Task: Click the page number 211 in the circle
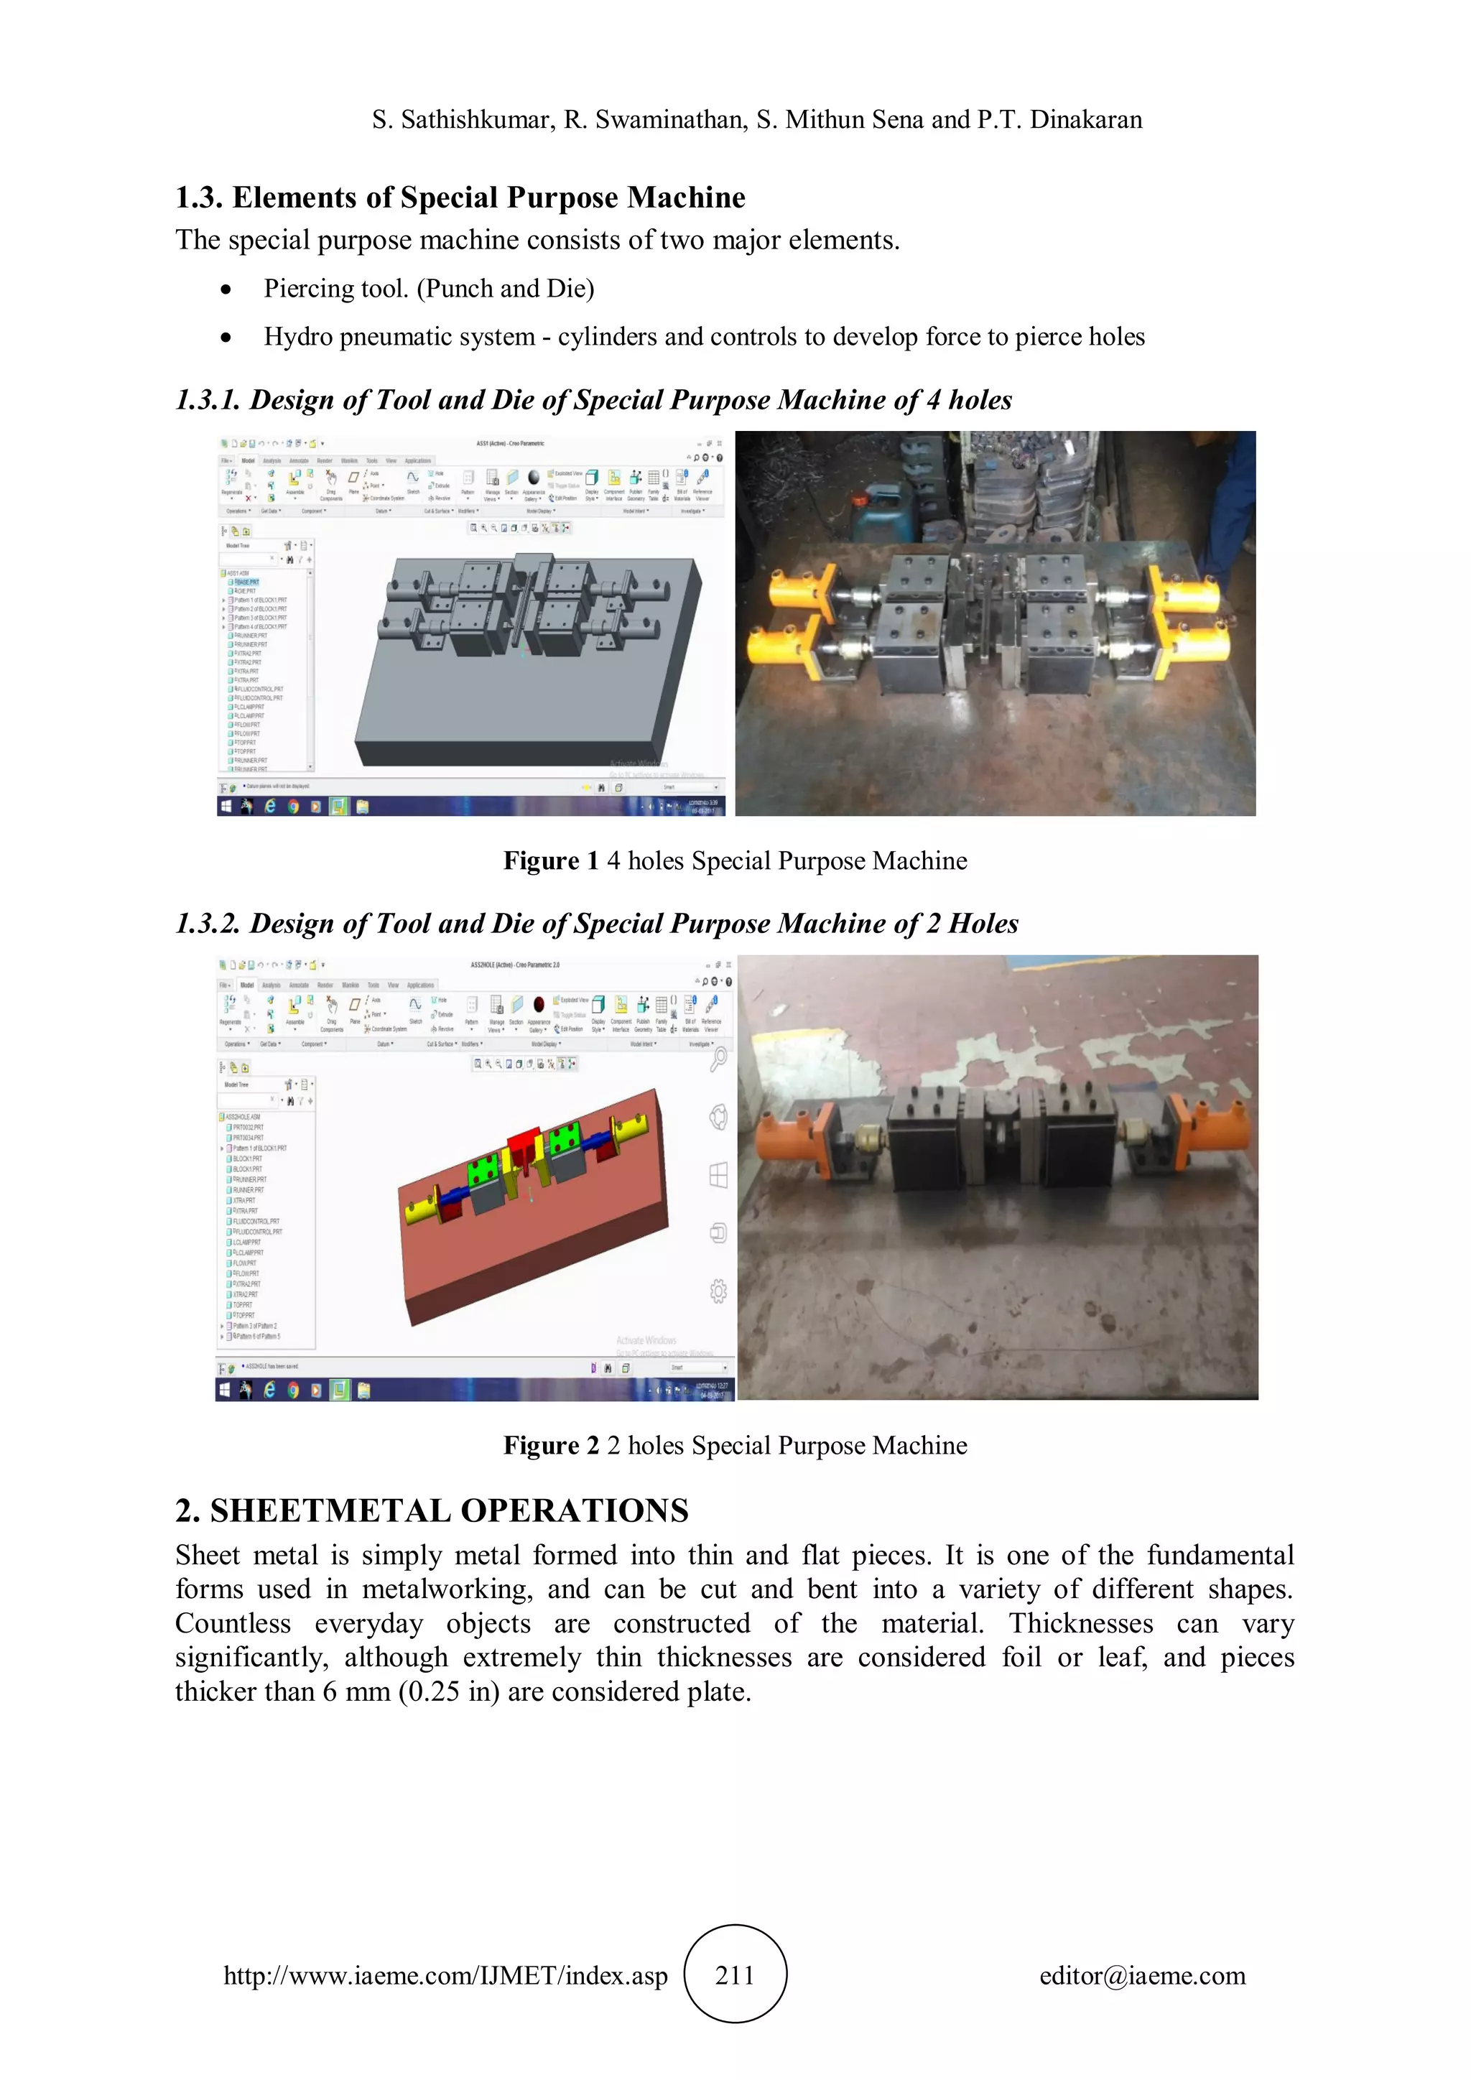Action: pyautogui.click(x=735, y=1975)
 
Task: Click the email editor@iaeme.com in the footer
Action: pyautogui.click(x=1142, y=1975)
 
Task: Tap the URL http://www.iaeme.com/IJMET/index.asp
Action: pyautogui.click(x=445, y=1975)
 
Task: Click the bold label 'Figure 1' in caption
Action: pyautogui.click(x=551, y=860)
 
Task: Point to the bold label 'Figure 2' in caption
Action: pyautogui.click(x=551, y=1445)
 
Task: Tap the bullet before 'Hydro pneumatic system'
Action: pyautogui.click(x=226, y=338)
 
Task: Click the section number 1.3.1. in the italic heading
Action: pyautogui.click(x=208, y=399)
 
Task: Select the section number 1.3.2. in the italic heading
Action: pyautogui.click(x=208, y=923)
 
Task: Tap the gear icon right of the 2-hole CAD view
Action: pyautogui.click(x=718, y=1291)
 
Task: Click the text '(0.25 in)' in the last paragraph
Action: pyautogui.click(x=448, y=1691)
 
